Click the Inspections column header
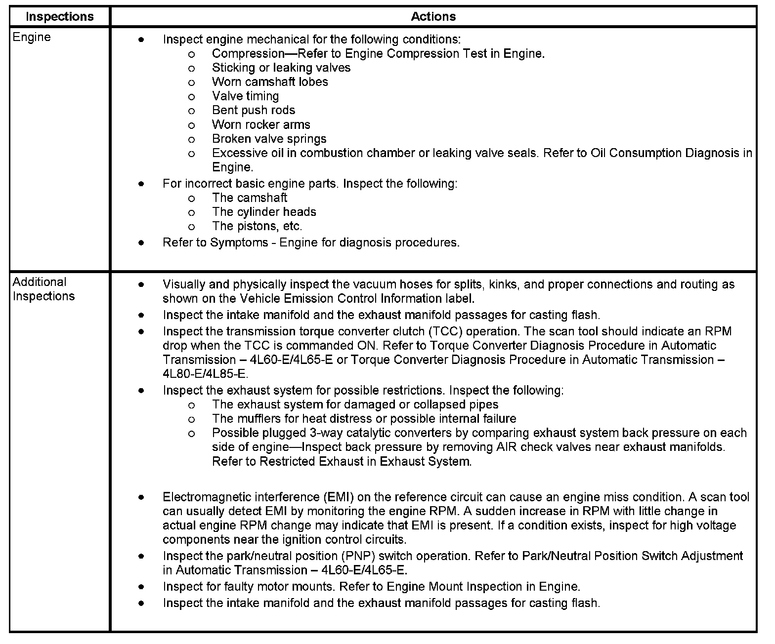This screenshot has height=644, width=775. click(59, 16)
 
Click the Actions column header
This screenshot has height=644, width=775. click(433, 16)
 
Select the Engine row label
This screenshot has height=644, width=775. click(32, 38)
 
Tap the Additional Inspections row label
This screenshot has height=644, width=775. click(43, 289)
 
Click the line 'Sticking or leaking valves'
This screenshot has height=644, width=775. click(281, 68)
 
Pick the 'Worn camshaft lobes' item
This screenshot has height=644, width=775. click(270, 82)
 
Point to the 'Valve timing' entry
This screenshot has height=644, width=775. click(245, 96)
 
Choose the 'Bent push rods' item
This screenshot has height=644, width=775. click(253, 110)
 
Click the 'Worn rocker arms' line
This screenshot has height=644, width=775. click(261, 124)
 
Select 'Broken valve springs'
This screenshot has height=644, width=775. click(269, 139)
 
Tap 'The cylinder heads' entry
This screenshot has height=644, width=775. click(264, 212)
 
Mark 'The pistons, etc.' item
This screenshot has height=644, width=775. click(257, 226)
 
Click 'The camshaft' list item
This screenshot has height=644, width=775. click(249, 198)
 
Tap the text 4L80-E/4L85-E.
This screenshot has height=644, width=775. click(205, 374)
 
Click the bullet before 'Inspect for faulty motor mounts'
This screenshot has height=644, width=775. click(141, 587)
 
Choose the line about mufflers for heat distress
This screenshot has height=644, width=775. click(364, 419)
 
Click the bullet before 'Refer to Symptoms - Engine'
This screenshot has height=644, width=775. click(141, 243)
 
